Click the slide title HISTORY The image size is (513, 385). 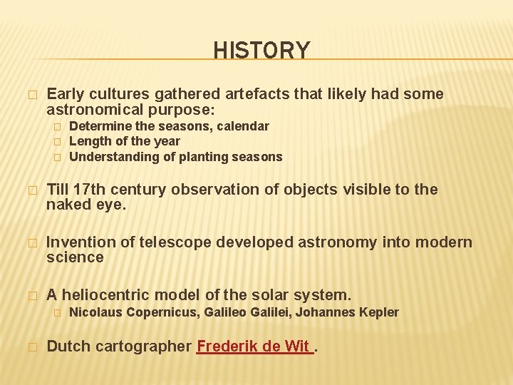(261, 51)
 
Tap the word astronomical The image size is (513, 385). (96, 110)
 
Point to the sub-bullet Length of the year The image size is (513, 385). (124, 141)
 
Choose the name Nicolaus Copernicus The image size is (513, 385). (134, 312)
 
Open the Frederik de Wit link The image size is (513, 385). (254, 347)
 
